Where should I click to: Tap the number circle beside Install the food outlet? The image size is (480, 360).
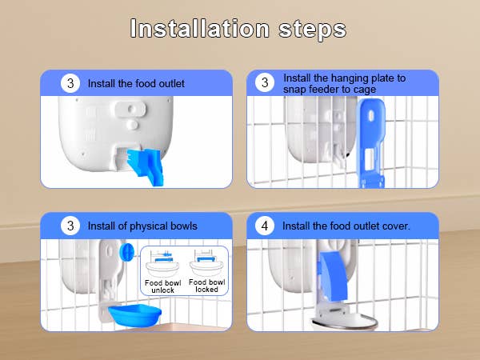(70, 82)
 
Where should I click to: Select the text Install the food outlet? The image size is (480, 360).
(136, 83)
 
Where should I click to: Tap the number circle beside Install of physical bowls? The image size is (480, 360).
(70, 226)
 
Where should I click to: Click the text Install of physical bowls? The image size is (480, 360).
(142, 226)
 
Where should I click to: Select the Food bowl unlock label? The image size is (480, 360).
(163, 286)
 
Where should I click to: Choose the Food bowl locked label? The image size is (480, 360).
(207, 286)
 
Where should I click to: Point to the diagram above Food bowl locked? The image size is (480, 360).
(207, 264)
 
